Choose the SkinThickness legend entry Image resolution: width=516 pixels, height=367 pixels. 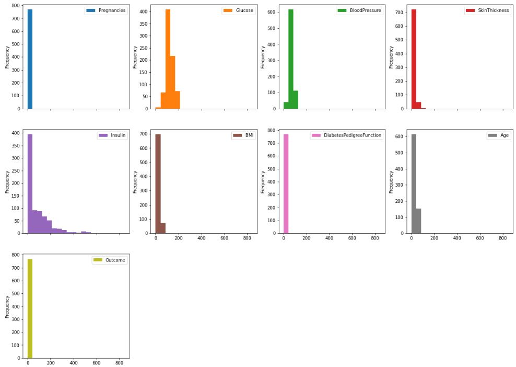493,10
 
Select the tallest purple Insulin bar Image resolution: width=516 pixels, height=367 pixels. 30,183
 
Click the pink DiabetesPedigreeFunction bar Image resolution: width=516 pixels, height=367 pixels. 286,183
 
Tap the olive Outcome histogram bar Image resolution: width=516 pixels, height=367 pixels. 30,308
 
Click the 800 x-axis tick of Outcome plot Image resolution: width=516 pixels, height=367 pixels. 120,362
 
